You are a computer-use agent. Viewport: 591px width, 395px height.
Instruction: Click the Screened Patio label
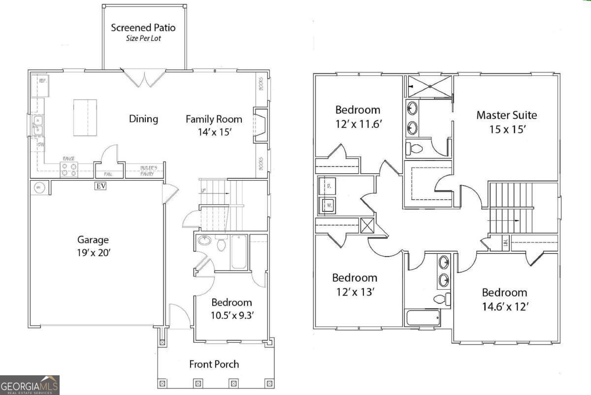coord(143,28)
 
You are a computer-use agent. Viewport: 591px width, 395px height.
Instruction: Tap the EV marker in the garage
coord(100,186)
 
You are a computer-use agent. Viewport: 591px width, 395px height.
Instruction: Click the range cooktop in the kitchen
coord(68,170)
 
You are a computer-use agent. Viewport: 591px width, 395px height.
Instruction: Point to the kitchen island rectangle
coord(85,118)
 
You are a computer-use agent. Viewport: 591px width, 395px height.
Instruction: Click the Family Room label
coord(214,119)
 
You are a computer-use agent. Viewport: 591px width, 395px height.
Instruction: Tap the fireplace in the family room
coord(260,126)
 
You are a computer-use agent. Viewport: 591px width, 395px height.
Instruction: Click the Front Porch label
coord(214,364)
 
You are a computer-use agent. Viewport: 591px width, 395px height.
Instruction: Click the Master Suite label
coord(506,115)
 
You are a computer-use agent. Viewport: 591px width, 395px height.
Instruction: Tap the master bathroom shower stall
coord(429,86)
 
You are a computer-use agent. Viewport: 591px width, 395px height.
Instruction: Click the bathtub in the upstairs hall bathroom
coord(423,318)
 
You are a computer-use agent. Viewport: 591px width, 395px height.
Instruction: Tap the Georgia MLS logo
coord(30,385)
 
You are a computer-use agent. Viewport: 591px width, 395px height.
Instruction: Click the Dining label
coord(143,119)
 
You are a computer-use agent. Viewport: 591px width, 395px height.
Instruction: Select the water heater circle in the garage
coord(39,187)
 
